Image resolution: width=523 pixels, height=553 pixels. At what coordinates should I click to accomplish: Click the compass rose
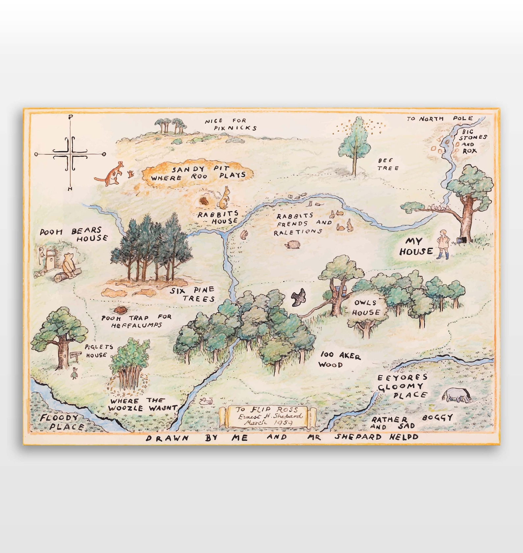tap(70, 154)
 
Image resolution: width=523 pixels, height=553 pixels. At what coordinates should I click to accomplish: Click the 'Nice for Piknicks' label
tap(231, 124)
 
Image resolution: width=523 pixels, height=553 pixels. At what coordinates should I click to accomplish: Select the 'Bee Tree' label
tap(388, 164)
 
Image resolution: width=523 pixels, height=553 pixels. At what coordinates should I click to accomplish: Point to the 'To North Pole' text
tap(440, 119)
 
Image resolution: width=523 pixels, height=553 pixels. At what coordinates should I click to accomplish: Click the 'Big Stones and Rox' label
tap(472, 141)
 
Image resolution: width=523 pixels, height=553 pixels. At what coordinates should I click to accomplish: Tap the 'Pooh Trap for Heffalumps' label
tap(136, 321)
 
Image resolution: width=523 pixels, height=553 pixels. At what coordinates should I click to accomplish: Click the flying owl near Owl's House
tap(298, 297)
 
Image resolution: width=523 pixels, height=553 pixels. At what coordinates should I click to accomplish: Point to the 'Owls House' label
tap(366, 308)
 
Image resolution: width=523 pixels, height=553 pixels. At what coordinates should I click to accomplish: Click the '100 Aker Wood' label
tap(340, 360)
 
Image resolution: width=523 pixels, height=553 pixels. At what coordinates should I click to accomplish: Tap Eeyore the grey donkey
tap(456, 395)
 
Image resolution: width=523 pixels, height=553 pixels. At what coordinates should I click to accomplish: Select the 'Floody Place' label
tap(62, 422)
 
